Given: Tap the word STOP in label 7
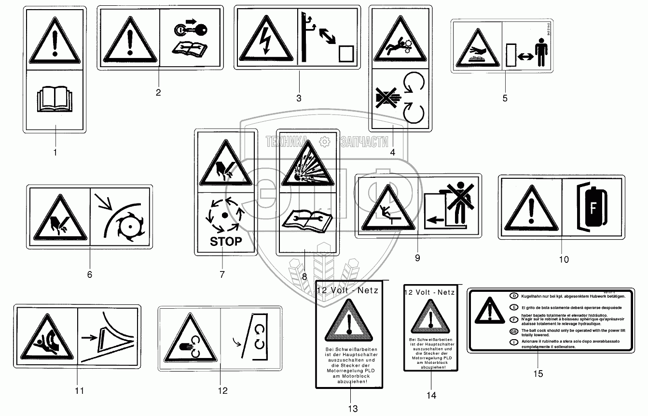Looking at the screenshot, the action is point(225,241).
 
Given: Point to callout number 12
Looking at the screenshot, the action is point(222,390).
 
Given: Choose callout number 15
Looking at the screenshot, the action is point(538,373).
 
